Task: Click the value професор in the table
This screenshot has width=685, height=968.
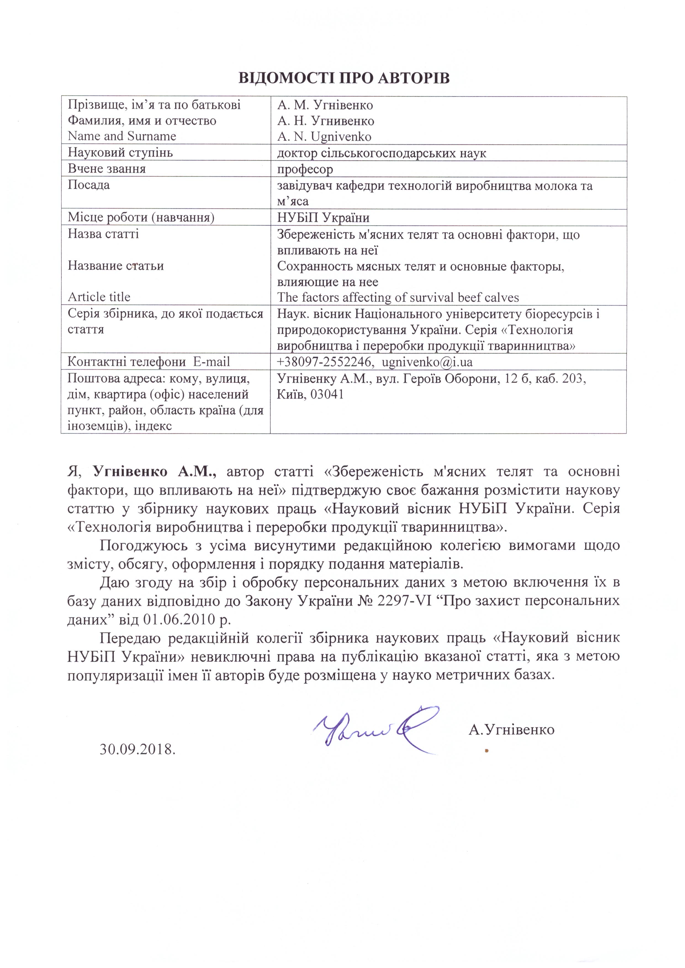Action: tap(305, 169)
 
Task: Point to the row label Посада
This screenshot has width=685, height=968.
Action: tap(89, 185)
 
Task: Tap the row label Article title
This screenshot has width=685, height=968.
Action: tap(99, 297)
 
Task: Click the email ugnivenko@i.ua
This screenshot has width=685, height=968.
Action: tap(427, 362)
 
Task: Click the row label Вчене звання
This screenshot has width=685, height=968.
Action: tap(107, 169)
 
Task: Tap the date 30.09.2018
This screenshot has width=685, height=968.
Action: tap(137, 749)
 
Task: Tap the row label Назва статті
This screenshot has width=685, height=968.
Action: tap(103, 234)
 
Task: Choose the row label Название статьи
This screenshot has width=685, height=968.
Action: tap(116, 266)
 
